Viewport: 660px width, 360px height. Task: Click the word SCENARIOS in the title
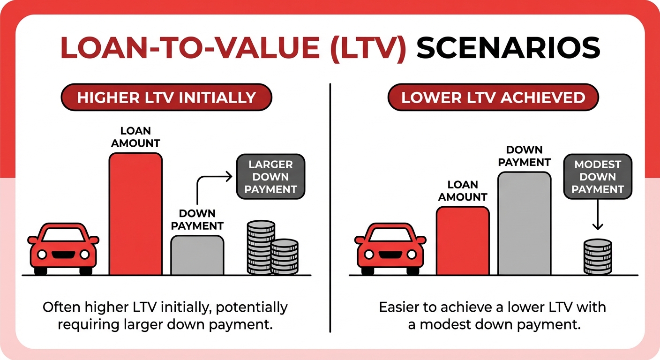tap(508, 48)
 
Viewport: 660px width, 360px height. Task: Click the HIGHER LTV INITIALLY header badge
tap(166, 97)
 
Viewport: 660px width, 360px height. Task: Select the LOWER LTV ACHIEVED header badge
tap(493, 97)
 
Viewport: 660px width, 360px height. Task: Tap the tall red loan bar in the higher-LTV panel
tap(135, 214)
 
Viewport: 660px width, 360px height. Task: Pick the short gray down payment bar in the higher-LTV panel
tap(197, 255)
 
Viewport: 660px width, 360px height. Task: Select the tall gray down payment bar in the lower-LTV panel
tap(524, 223)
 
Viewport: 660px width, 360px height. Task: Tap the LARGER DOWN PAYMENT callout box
tap(270, 177)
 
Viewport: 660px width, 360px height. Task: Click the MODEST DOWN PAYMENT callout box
tap(597, 177)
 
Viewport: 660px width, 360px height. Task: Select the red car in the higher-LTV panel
tap(63, 248)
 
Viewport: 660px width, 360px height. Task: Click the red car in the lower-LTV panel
tap(390, 248)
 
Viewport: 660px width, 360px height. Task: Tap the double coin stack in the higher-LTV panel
tap(272, 248)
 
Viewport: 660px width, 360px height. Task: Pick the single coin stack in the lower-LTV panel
tap(598, 256)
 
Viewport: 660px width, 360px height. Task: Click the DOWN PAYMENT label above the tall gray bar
tap(524, 156)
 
